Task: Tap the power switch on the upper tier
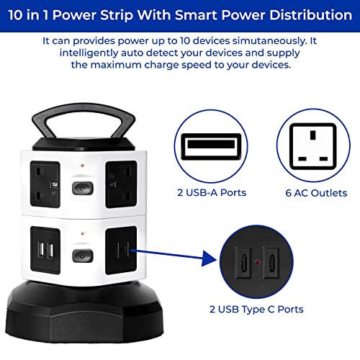click(83, 188)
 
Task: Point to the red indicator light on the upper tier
click(83, 166)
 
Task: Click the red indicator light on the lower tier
click(83, 233)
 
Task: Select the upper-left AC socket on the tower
click(45, 184)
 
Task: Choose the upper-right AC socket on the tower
click(122, 184)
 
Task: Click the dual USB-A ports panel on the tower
click(45, 250)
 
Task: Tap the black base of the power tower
click(84, 312)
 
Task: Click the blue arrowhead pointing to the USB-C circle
click(209, 258)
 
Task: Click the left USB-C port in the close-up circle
click(243, 263)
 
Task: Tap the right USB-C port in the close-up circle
click(271, 263)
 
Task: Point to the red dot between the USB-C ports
click(257, 262)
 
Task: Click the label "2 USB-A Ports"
click(212, 193)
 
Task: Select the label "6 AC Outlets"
click(316, 193)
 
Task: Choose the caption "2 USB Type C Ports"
click(256, 310)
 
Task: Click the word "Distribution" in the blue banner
click(310, 15)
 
